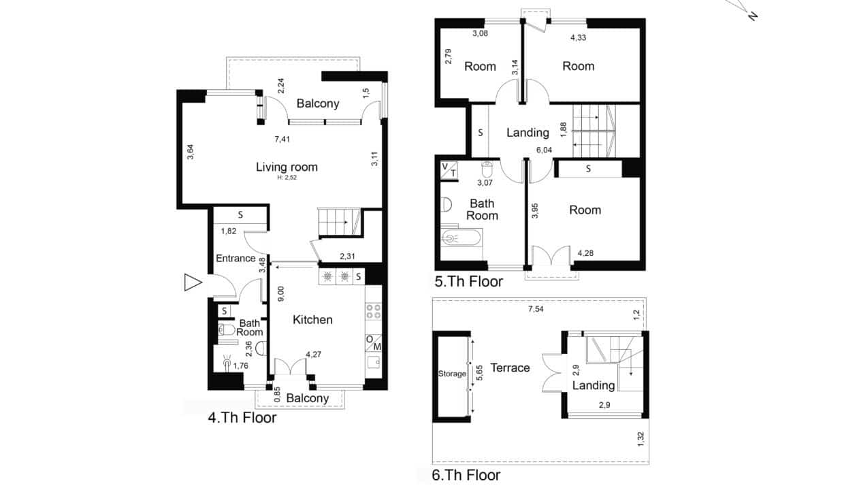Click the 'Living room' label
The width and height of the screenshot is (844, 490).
[287, 167]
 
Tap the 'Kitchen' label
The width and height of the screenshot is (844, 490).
[312, 320]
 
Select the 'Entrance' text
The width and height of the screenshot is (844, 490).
[236, 259]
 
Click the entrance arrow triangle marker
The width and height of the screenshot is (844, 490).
[193, 282]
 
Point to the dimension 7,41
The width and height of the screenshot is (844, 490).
[282, 140]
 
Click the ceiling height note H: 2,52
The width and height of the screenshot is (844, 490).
[287, 178]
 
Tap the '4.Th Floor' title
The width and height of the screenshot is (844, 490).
[242, 418]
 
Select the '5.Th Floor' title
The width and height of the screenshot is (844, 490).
[469, 282]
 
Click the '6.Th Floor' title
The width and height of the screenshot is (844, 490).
[466, 475]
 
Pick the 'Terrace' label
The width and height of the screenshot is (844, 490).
[510, 367]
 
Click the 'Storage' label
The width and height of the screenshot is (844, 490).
[452, 374]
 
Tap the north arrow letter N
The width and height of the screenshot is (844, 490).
[752, 16]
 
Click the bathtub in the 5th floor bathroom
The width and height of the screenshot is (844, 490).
[461, 238]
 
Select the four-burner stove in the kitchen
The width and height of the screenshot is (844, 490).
[374, 312]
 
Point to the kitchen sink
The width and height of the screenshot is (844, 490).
[374, 362]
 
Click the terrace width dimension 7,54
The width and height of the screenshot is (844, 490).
[536, 309]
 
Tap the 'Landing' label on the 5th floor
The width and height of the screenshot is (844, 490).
[527, 133]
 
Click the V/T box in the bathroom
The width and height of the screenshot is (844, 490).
[449, 170]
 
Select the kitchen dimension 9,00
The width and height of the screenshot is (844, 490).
[280, 294]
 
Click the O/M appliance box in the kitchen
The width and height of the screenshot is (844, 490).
[374, 343]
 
